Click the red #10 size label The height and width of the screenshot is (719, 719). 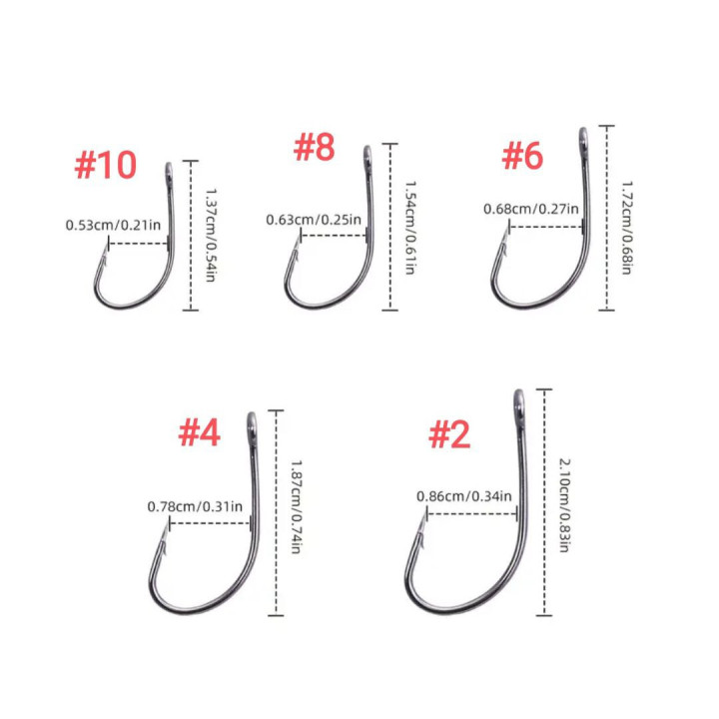click(x=106, y=165)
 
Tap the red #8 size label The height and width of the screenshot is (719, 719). click(x=315, y=147)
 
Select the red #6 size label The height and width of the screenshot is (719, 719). click(x=522, y=156)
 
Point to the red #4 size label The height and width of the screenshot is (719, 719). click(x=200, y=432)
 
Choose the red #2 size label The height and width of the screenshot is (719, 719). click(x=449, y=435)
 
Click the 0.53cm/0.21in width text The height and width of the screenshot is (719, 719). click(x=113, y=225)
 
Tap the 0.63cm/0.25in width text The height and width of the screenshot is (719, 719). click(x=314, y=220)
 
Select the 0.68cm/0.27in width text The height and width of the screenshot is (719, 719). click(x=531, y=209)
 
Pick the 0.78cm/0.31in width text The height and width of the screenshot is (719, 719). click(x=195, y=506)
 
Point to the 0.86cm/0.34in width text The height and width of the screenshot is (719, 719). click(x=464, y=496)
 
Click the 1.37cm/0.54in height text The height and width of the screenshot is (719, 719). click(x=211, y=235)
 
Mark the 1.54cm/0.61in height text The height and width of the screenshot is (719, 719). click(x=410, y=228)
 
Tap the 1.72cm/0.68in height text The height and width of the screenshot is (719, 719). click(x=627, y=228)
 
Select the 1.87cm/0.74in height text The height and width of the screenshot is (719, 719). click(x=297, y=507)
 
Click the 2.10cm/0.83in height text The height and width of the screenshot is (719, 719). click(x=564, y=505)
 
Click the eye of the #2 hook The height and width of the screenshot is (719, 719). click(x=519, y=403)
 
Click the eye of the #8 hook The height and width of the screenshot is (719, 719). click(x=367, y=156)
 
